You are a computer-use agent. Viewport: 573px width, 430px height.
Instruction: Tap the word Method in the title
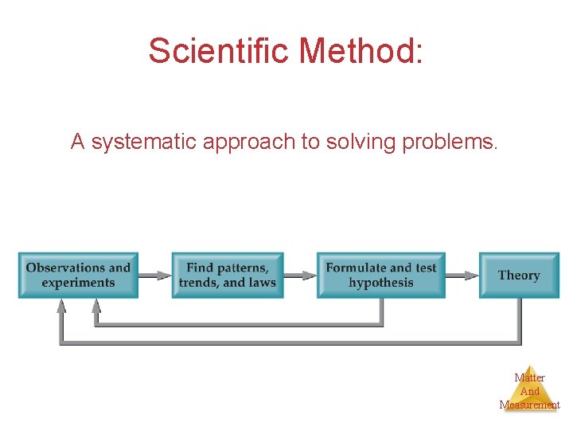[361, 51]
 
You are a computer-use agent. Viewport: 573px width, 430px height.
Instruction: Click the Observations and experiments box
[78, 276]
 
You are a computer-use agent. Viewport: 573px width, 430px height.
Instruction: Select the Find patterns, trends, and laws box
[227, 276]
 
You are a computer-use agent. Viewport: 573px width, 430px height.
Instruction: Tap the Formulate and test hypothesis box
[381, 276]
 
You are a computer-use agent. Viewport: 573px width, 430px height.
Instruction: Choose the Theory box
[519, 276]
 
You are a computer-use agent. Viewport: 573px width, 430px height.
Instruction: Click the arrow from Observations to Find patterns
[155, 276]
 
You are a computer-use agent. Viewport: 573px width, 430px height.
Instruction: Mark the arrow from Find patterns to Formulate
[300, 276]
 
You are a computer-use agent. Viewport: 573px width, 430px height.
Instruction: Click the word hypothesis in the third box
[381, 283]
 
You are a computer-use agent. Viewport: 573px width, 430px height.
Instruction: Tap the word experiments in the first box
[78, 283]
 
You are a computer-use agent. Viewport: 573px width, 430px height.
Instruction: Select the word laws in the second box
[262, 283]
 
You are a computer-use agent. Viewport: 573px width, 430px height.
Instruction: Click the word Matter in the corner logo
[529, 377]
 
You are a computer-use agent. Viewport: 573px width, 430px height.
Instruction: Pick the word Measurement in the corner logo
[529, 405]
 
